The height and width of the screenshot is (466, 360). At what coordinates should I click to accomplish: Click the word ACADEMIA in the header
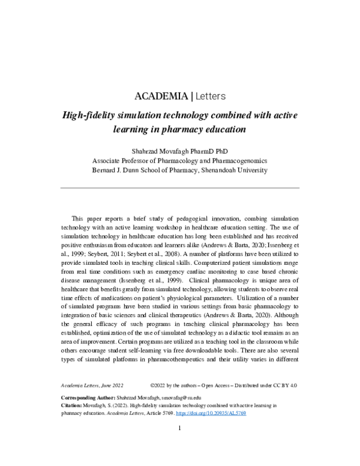(160, 96)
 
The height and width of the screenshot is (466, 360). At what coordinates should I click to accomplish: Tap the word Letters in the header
(209, 96)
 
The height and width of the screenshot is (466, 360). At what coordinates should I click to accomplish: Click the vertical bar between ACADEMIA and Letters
(191, 96)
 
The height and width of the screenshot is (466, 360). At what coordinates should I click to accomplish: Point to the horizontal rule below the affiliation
(180, 189)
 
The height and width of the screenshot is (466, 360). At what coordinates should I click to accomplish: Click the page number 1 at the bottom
(179, 429)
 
